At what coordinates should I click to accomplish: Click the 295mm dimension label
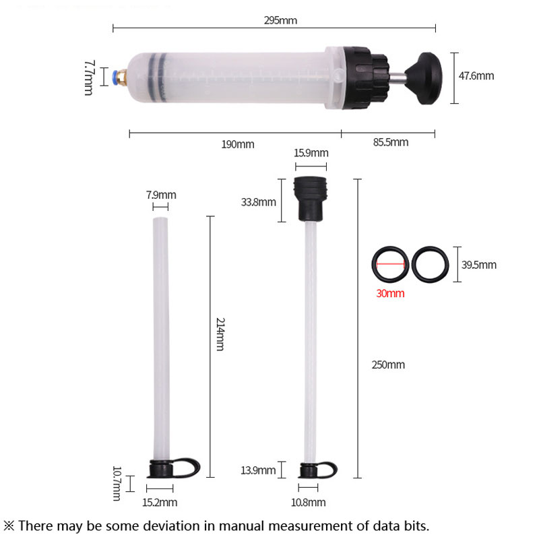[x=280, y=20]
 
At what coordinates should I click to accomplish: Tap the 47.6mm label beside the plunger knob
[x=476, y=75]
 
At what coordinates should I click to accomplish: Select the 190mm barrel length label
[x=238, y=144]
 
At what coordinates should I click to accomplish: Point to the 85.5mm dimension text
[x=391, y=142]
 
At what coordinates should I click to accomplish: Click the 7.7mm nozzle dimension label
[x=89, y=77]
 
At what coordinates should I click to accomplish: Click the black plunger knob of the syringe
[x=425, y=78]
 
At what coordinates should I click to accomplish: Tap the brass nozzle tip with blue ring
[x=120, y=77]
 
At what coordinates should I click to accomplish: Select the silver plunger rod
[x=398, y=79]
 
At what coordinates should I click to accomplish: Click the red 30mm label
[x=390, y=293]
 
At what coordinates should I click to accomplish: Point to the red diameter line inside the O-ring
[x=390, y=264]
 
